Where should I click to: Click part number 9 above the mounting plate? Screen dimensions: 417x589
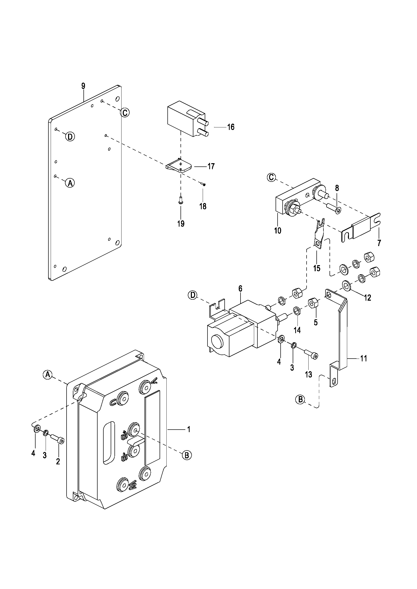pos(83,86)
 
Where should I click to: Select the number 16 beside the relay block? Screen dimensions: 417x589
pos(231,127)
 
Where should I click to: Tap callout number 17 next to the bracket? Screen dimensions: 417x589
pos(211,166)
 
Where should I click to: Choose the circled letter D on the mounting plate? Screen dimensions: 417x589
pos(70,136)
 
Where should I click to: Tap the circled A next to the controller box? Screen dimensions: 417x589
pos(47,375)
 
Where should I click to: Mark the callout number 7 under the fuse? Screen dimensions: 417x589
pos(379,243)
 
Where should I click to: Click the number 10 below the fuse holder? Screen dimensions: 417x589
pos(278,231)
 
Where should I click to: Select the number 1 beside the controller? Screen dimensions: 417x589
pos(189,429)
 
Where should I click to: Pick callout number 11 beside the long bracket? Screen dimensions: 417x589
pos(364,358)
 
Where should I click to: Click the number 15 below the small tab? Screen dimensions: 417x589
pos(317,268)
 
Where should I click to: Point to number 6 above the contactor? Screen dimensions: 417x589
pos(240,289)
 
